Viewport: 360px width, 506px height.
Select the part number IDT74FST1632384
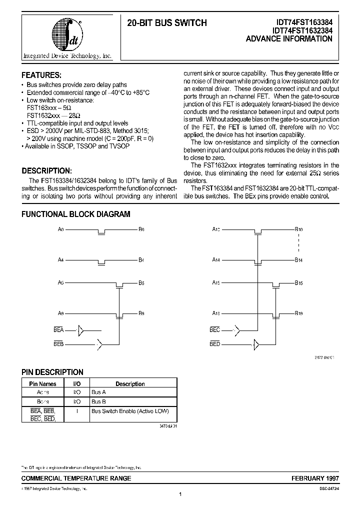pos(301,30)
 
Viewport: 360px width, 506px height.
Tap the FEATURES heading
pos(41,75)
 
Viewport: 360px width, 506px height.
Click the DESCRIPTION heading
pos(49,170)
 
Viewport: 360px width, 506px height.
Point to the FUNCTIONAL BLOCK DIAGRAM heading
pos(75,214)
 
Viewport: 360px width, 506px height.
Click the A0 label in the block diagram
pos(61,229)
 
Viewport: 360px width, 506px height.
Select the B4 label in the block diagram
pos(141,260)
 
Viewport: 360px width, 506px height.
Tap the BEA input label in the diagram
pos(58,330)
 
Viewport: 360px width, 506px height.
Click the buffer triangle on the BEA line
pos(81,330)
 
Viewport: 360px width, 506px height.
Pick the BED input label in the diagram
pos(215,344)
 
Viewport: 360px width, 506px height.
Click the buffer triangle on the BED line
pos(256,344)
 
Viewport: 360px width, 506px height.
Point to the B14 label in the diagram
pos(298,260)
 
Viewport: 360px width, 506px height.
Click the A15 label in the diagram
pos(215,283)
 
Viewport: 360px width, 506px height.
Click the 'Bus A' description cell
pos(98,392)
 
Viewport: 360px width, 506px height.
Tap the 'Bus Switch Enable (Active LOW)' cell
pos(130,411)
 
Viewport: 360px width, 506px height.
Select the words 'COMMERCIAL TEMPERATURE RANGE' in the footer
pos(76,478)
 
